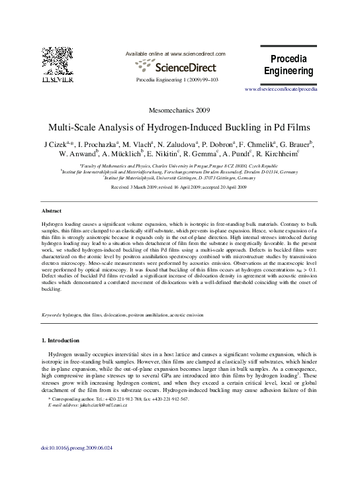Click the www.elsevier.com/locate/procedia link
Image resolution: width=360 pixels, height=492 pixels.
coord(281,88)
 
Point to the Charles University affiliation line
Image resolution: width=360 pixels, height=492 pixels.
coord(179,166)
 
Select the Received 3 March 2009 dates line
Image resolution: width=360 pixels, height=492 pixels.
coord(179,187)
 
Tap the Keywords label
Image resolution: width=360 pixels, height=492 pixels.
coord(52,315)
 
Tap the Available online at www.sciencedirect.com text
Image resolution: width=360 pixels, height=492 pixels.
coord(175,53)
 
